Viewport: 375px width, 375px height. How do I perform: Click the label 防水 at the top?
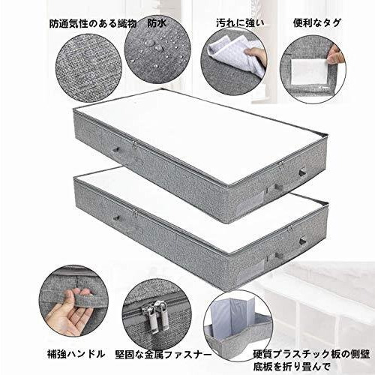[157, 23]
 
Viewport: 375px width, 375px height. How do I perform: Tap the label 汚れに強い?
[240, 23]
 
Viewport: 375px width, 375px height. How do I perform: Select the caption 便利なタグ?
[317, 23]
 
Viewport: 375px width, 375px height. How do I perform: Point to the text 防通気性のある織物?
[93, 24]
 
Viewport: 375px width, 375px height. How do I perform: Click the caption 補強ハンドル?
[76, 354]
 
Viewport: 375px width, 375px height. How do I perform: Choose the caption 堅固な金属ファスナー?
[163, 355]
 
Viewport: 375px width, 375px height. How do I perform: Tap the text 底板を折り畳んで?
[292, 367]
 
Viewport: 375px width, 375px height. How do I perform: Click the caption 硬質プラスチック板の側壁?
[311, 354]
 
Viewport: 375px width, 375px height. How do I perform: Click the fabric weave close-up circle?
[88, 67]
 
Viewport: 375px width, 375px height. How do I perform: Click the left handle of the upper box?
[116, 150]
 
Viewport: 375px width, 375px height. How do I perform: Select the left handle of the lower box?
[116, 217]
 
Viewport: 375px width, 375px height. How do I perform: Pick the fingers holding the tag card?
[334, 56]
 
